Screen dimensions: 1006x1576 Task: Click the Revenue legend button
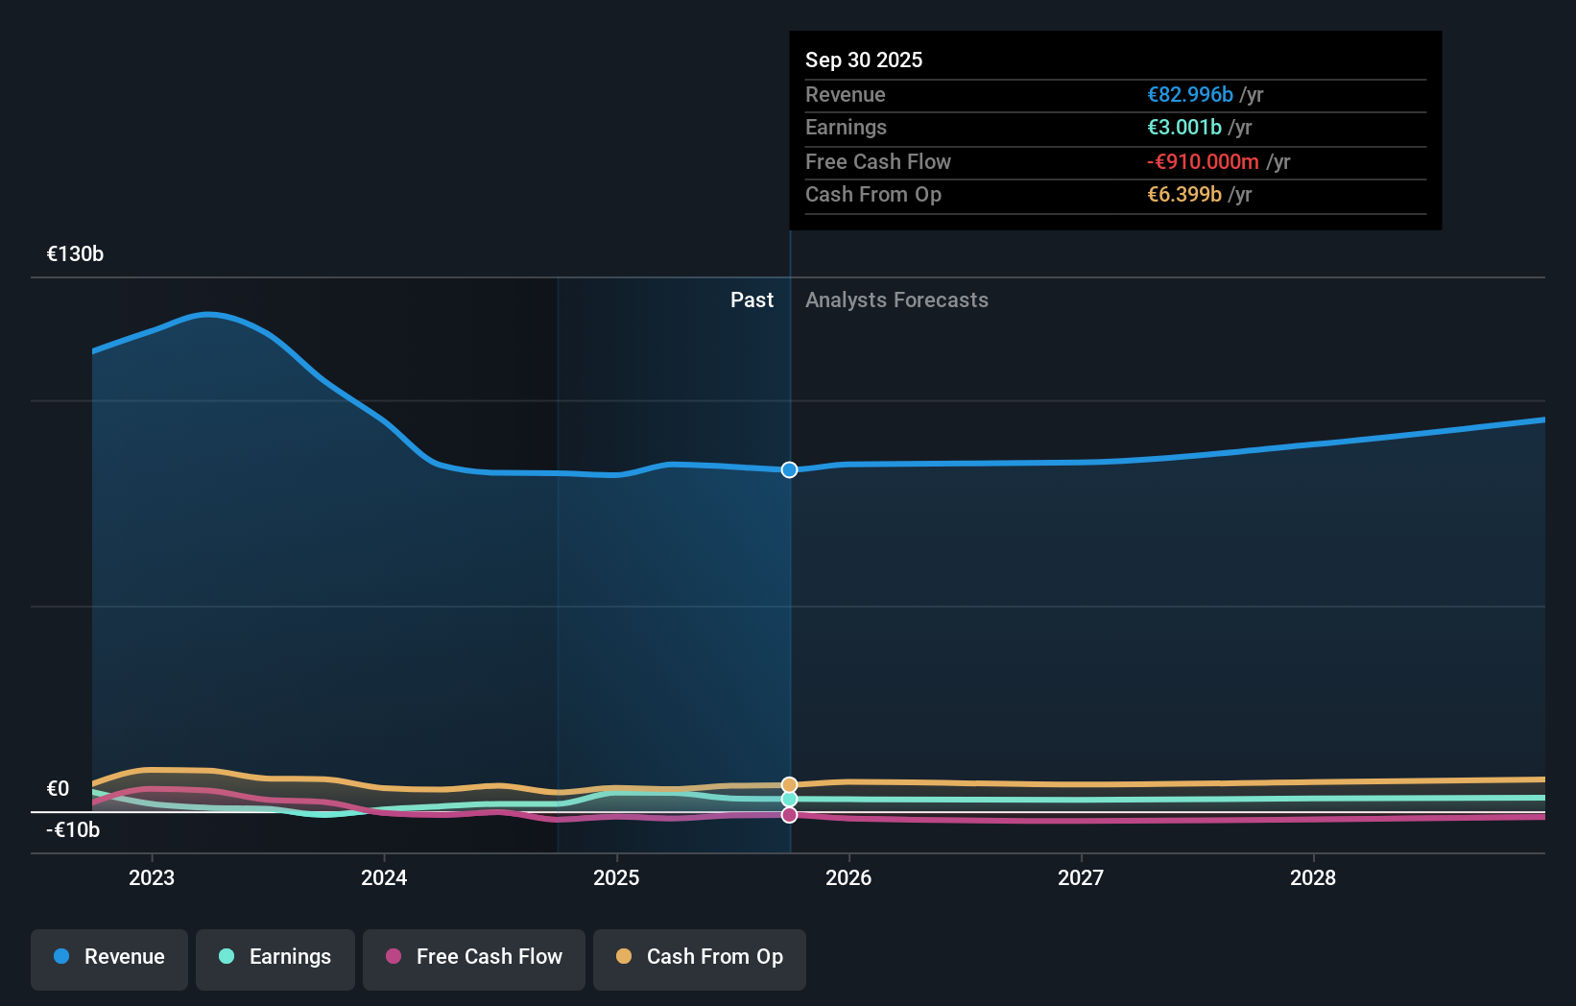[109, 958]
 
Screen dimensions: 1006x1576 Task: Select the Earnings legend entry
[275, 958]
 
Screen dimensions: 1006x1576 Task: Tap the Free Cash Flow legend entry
[474, 958]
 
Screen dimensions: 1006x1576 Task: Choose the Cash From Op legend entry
[700, 958]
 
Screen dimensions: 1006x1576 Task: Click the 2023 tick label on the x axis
[152, 878]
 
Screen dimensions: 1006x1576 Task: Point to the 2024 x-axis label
[384, 878]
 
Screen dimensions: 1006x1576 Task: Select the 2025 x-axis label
[616, 878]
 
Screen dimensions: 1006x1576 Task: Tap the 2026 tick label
[848, 878]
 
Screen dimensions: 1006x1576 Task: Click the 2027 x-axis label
[1081, 878]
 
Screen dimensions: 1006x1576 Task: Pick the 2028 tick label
[1313, 878]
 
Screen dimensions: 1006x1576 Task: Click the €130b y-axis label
[75, 254]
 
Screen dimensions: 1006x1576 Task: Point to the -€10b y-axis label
[73, 830]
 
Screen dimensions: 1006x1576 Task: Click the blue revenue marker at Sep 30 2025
[789, 469]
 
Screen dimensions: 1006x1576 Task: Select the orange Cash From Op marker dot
[789, 785]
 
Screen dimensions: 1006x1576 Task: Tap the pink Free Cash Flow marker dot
[789, 815]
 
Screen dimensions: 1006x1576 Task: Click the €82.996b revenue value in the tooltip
[1190, 95]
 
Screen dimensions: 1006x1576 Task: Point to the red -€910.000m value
[1203, 162]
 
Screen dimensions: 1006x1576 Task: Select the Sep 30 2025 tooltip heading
[864, 60]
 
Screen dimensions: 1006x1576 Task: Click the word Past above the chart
[752, 300]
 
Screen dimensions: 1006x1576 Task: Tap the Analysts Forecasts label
[896, 300]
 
